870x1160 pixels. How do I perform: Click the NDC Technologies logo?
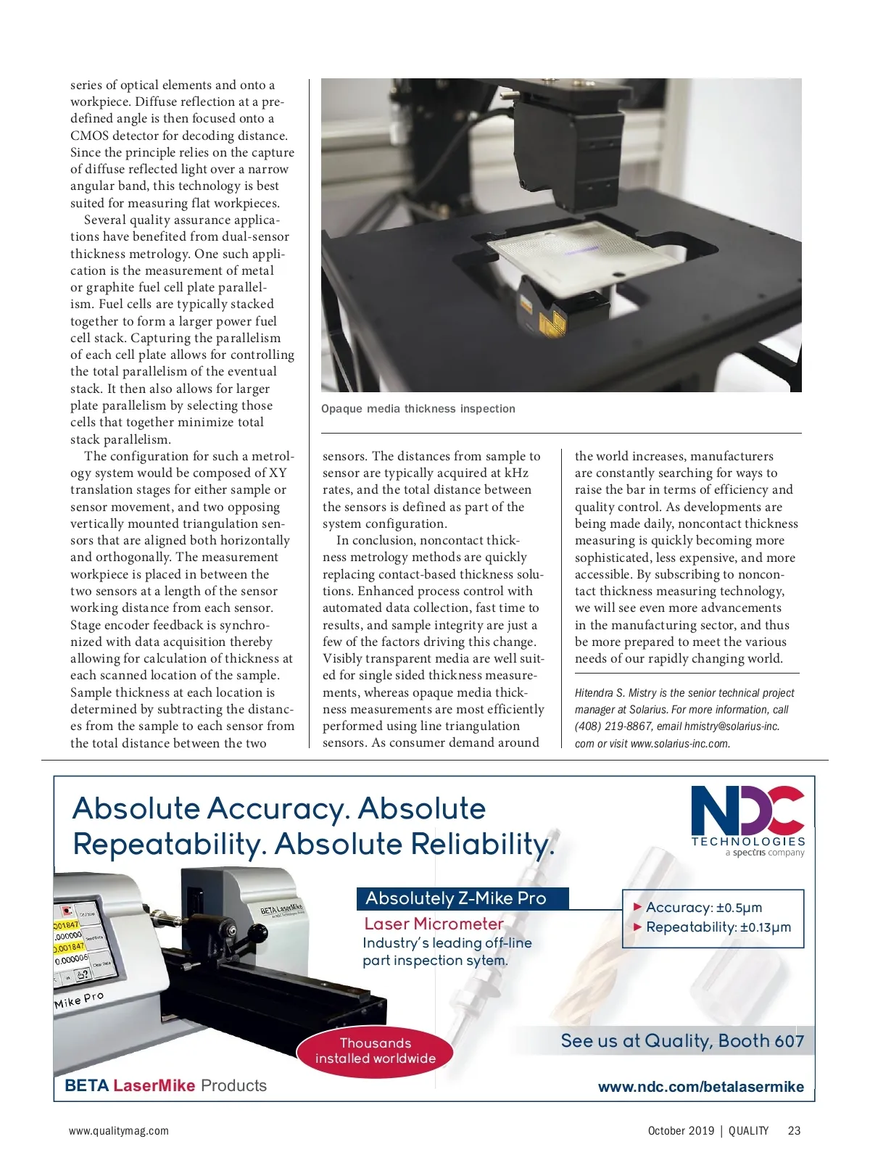click(x=747, y=819)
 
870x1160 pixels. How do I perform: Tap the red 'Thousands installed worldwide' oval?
click(x=375, y=1051)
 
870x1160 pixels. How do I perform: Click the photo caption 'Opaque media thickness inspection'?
click(x=418, y=409)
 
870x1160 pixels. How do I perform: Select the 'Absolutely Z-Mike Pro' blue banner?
click(x=462, y=898)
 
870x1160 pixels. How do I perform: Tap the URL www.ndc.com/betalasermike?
click(x=700, y=1087)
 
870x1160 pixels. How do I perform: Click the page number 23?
click(x=794, y=1130)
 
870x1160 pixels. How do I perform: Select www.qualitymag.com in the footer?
click(x=119, y=1130)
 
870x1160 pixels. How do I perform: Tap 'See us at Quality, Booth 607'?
click(x=682, y=1041)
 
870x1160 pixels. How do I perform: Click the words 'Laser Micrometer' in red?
click(x=434, y=924)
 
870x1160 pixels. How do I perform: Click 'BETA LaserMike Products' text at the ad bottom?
click(x=165, y=1085)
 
